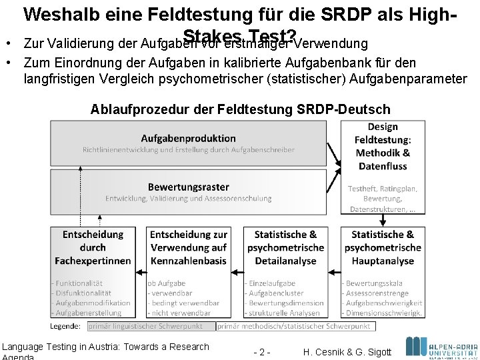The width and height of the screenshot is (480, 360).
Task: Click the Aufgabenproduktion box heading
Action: tap(188, 138)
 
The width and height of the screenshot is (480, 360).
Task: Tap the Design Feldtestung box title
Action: tap(383, 146)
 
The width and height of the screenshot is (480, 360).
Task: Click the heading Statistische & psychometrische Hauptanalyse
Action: tap(383, 247)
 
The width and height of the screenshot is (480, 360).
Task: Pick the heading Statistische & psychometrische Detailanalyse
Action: tap(285, 247)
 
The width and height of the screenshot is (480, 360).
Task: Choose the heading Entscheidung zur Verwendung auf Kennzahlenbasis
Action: tap(188, 247)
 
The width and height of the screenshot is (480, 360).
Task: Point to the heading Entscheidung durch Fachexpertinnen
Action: tap(93, 247)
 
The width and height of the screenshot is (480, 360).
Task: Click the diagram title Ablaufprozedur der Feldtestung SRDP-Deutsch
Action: tap(240, 109)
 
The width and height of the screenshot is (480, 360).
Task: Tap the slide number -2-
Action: tap(263, 351)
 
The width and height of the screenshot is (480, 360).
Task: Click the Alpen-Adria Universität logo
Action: tap(441, 347)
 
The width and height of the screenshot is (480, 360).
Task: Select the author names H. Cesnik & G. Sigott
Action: tap(347, 351)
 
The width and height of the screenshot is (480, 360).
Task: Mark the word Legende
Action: tap(65, 326)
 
